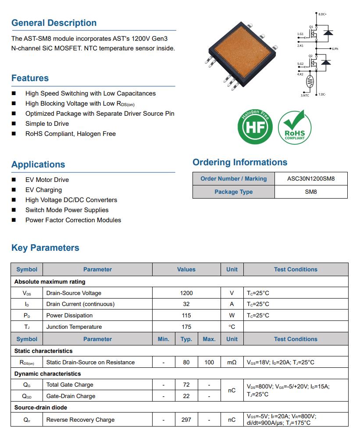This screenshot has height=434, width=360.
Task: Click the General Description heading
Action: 54,23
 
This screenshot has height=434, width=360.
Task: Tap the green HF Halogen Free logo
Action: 255,127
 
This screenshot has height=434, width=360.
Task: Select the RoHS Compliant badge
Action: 295,127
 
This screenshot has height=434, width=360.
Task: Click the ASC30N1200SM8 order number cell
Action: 311,178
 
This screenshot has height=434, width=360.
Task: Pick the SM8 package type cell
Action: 311,192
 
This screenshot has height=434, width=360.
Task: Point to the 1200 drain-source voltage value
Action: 186,293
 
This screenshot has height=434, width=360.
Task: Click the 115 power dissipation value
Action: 186,315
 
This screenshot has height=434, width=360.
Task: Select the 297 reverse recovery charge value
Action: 186,420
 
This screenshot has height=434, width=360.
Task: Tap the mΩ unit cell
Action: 232,362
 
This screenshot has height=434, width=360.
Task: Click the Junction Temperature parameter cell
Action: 74,327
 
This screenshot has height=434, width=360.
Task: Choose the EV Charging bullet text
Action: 43,190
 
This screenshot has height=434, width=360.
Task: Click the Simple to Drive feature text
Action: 47,124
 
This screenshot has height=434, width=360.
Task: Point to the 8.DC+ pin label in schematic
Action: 323,14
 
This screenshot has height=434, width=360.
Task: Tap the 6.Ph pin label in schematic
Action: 335,49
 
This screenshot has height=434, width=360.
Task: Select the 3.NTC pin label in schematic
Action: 304,95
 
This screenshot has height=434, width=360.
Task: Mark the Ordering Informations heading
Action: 240,162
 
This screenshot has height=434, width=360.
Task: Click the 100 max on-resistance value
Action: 209,362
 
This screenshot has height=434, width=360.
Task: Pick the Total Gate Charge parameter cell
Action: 70,384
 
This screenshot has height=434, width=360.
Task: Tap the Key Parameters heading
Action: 45,248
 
